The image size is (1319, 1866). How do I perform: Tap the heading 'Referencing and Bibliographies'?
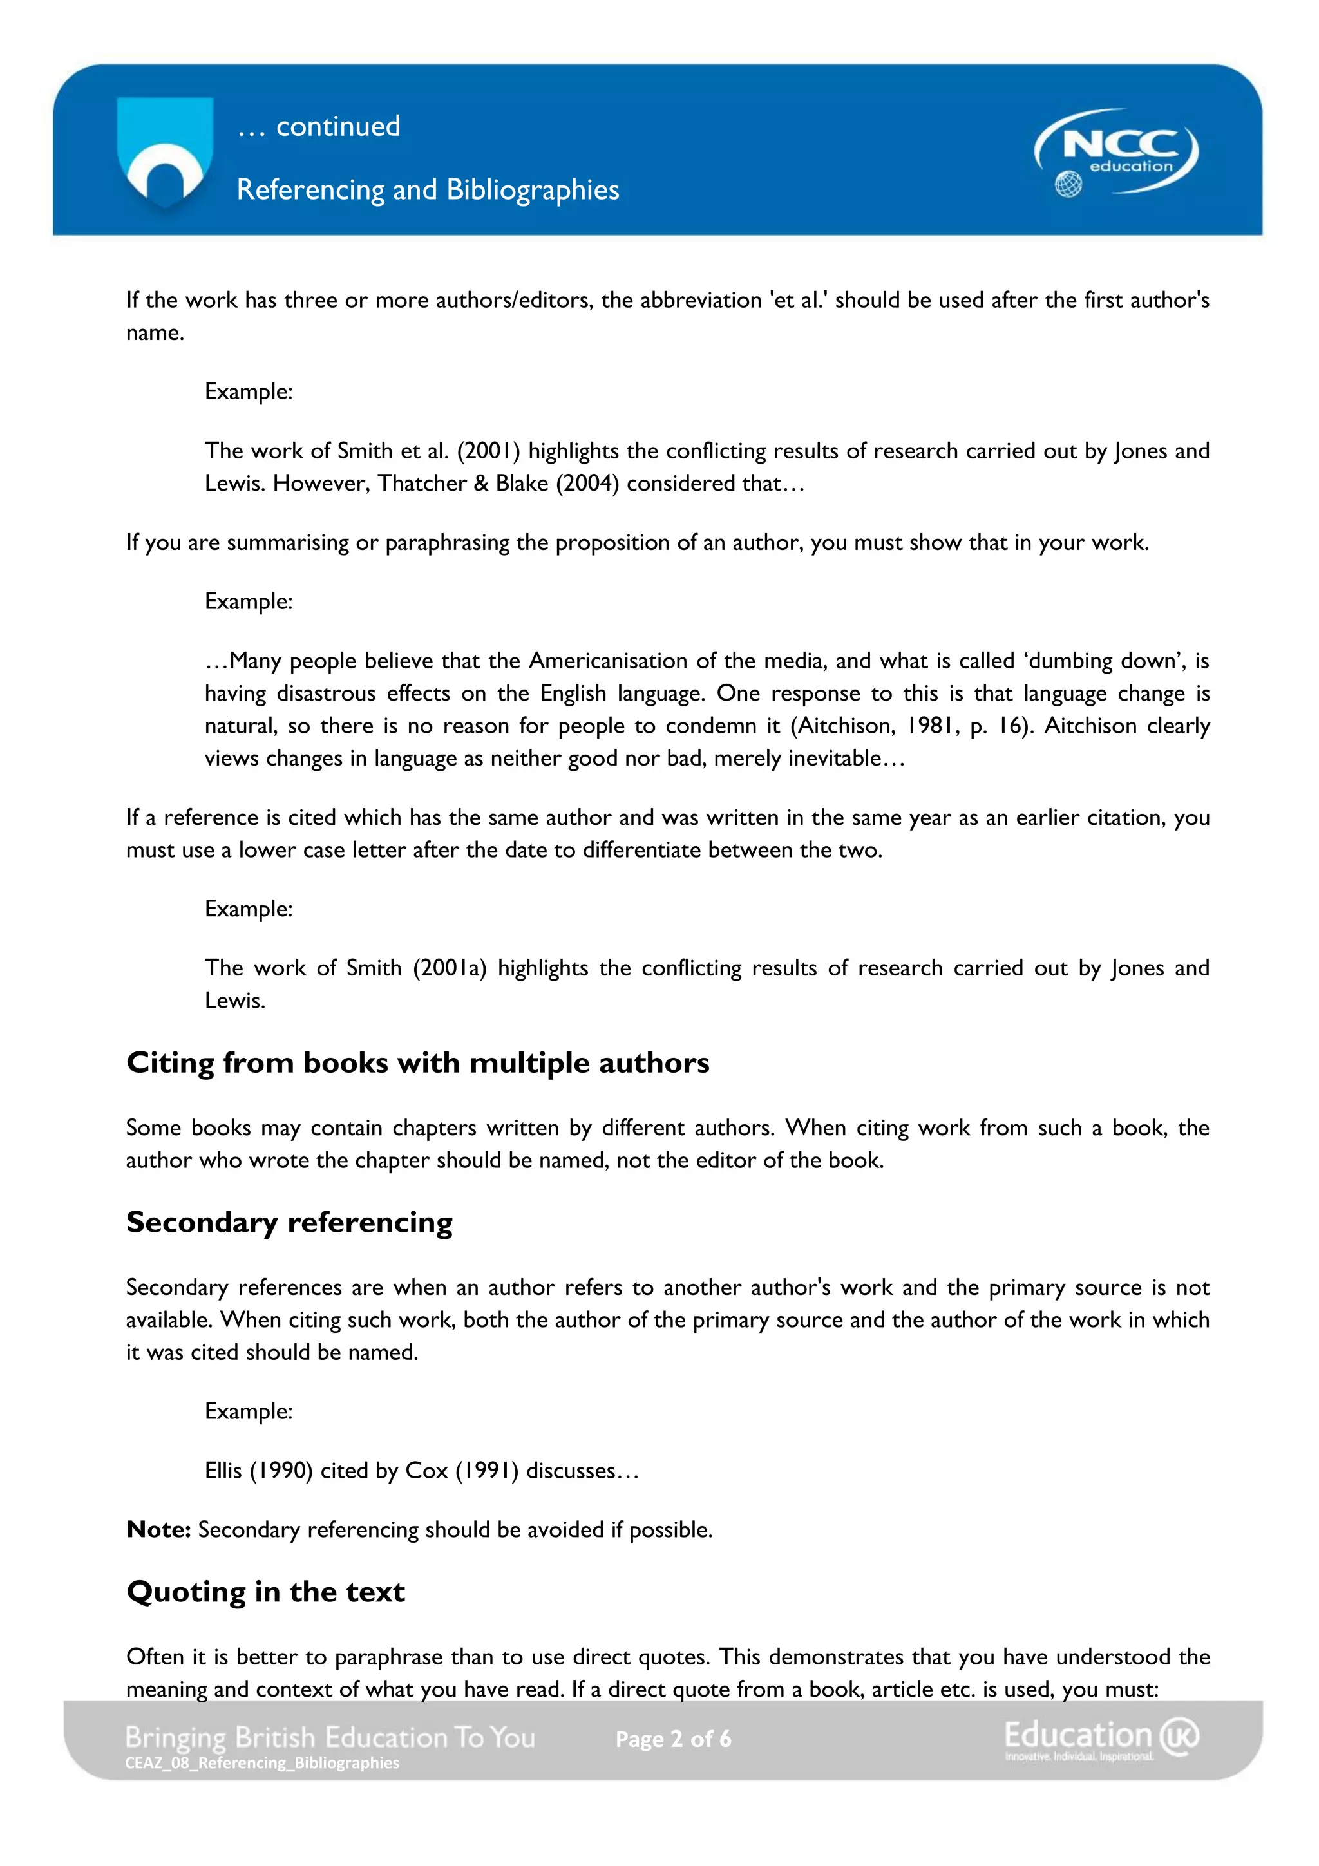click(x=428, y=189)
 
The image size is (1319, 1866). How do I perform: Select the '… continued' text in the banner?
click(x=319, y=127)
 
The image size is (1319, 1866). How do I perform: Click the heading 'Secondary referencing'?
click(x=289, y=1222)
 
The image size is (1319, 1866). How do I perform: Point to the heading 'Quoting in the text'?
click(x=266, y=1591)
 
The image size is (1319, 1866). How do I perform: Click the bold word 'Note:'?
click(x=158, y=1529)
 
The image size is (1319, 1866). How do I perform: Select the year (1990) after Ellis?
click(x=281, y=1470)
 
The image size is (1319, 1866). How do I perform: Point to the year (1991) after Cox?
click(x=487, y=1470)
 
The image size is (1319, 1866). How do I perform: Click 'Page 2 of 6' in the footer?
click(x=673, y=1739)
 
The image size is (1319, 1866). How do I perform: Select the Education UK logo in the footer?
click(x=1101, y=1739)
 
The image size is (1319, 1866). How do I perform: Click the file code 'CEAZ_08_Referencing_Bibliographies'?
click(x=261, y=1763)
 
